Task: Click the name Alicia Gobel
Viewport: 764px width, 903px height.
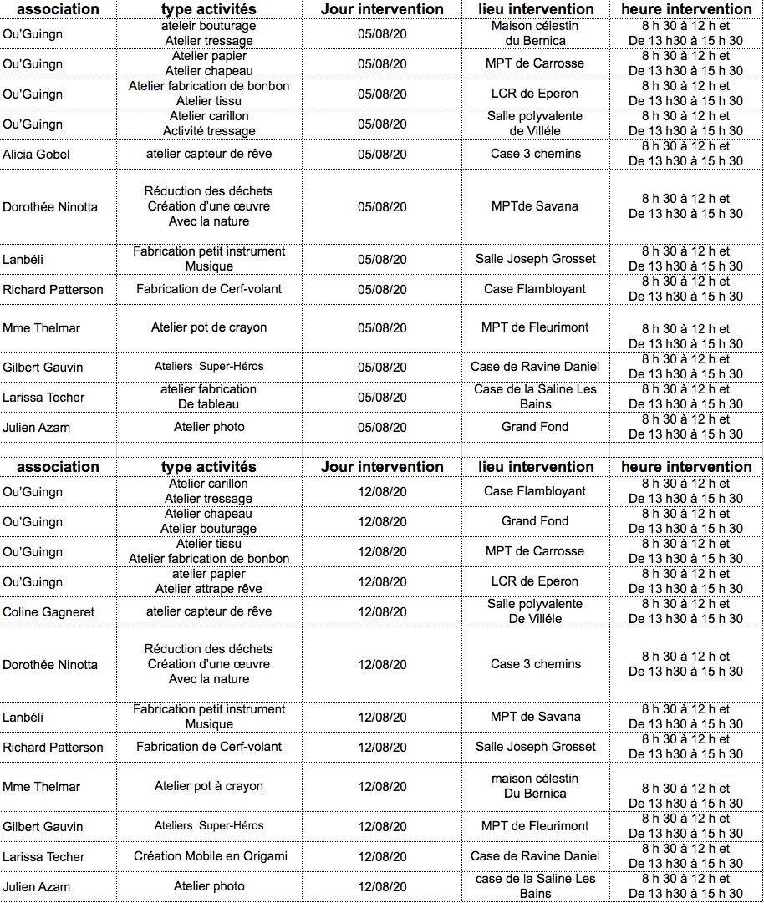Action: click(36, 155)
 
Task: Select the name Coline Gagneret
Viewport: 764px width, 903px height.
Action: click(48, 612)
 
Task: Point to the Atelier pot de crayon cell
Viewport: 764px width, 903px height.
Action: click(209, 327)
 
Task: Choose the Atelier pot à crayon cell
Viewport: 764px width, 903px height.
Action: click(209, 786)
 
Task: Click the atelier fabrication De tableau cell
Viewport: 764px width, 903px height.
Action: click(209, 397)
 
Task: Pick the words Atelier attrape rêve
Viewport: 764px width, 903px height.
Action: click(209, 589)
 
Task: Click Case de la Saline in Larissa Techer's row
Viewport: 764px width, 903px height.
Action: click(535, 397)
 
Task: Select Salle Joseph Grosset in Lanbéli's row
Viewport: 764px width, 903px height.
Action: click(535, 259)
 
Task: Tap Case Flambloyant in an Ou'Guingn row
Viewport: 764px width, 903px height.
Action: click(535, 491)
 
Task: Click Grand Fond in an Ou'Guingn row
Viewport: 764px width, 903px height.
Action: click(535, 521)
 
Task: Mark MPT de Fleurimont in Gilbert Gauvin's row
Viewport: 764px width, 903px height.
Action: click(535, 826)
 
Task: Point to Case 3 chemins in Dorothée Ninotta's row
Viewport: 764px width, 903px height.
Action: click(535, 664)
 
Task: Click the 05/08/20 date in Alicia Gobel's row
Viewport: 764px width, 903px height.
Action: click(382, 155)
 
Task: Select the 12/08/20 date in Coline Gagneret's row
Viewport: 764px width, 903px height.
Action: click(382, 612)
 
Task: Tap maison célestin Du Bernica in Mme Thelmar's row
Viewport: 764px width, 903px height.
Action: click(535, 786)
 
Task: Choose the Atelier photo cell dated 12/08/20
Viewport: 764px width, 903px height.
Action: click(209, 886)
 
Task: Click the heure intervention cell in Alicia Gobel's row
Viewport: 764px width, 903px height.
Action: click(685, 154)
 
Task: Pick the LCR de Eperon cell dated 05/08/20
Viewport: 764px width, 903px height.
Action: click(535, 94)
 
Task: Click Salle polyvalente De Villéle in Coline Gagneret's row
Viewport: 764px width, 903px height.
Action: click(535, 611)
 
